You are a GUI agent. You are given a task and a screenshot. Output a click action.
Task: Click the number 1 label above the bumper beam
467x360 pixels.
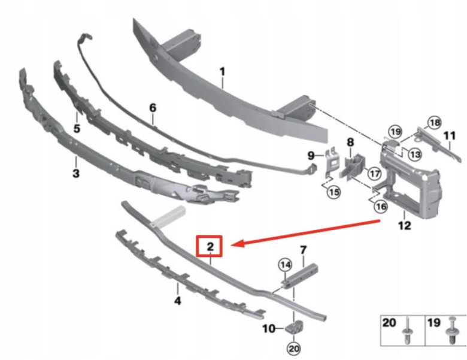[223, 72]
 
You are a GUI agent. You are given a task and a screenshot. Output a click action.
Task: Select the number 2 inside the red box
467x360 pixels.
[210, 246]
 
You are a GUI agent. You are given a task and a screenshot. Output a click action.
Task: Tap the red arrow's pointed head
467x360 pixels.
[232, 244]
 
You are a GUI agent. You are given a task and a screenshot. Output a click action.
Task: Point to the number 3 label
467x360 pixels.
[76, 173]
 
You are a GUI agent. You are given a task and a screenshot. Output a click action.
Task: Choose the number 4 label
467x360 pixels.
[177, 301]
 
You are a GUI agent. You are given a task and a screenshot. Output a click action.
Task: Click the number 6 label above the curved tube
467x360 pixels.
[153, 108]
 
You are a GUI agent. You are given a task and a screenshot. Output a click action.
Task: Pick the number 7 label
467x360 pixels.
[303, 250]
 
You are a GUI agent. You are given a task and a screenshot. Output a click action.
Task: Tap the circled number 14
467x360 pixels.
[286, 265]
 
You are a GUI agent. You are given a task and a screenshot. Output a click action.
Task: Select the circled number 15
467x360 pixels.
[333, 192]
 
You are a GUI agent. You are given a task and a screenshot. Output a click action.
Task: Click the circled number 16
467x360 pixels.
[381, 206]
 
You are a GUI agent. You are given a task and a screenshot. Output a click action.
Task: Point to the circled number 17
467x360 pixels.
[374, 173]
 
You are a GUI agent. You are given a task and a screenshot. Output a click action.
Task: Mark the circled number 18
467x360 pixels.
[434, 122]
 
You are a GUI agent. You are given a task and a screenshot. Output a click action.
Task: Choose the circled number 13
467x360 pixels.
[414, 154]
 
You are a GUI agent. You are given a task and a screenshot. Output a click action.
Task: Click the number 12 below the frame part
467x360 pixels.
[404, 225]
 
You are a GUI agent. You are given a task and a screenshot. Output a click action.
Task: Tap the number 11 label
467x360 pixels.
[450, 136]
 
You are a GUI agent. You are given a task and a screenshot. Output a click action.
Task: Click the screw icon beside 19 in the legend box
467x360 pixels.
[450, 331]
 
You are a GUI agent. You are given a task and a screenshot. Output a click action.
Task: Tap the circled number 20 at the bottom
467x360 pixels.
[293, 348]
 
